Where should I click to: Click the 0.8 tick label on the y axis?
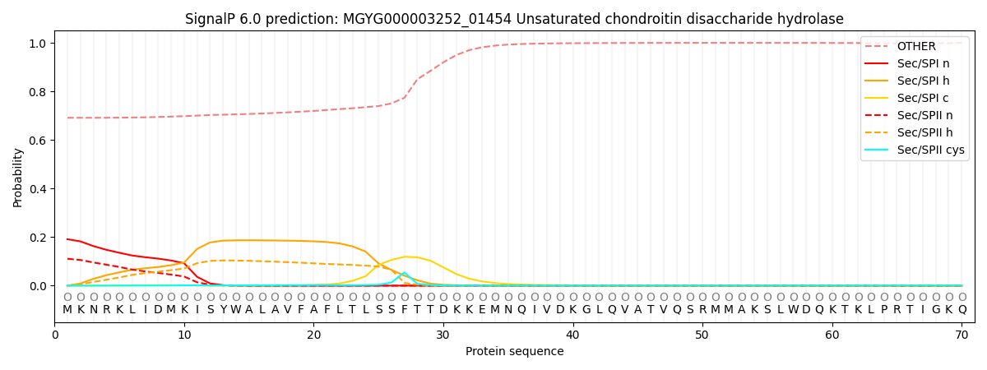(38, 92)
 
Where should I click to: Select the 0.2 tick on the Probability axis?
(38, 238)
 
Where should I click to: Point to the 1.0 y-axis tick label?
(38, 44)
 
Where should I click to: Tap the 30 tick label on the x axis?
(443, 335)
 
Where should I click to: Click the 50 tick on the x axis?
(702, 335)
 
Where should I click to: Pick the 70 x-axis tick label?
(962, 335)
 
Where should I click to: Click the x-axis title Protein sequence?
(514, 352)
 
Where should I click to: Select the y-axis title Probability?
(18, 178)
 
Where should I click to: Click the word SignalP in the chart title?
(212, 19)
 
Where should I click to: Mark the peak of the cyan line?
(404, 272)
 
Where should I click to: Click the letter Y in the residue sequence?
(223, 310)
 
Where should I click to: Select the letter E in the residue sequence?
(482, 310)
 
